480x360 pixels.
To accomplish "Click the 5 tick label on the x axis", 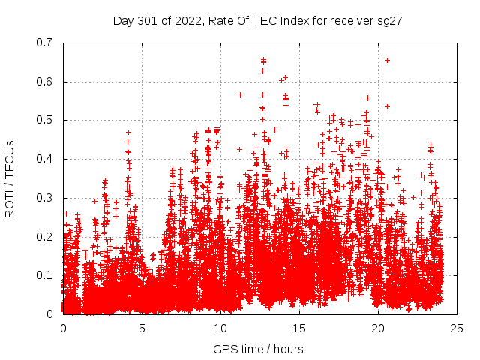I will (142, 328).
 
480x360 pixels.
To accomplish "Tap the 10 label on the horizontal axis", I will (220, 328).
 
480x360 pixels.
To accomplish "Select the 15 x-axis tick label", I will (299, 328).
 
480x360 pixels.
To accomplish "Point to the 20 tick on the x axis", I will (378, 328).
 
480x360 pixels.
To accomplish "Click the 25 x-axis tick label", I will (457, 328).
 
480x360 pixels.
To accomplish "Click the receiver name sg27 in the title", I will (391, 21).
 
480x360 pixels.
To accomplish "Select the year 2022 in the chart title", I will (186, 21).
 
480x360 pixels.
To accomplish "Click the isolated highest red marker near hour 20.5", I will (387, 60).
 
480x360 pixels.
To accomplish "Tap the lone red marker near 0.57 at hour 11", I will (240, 94).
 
